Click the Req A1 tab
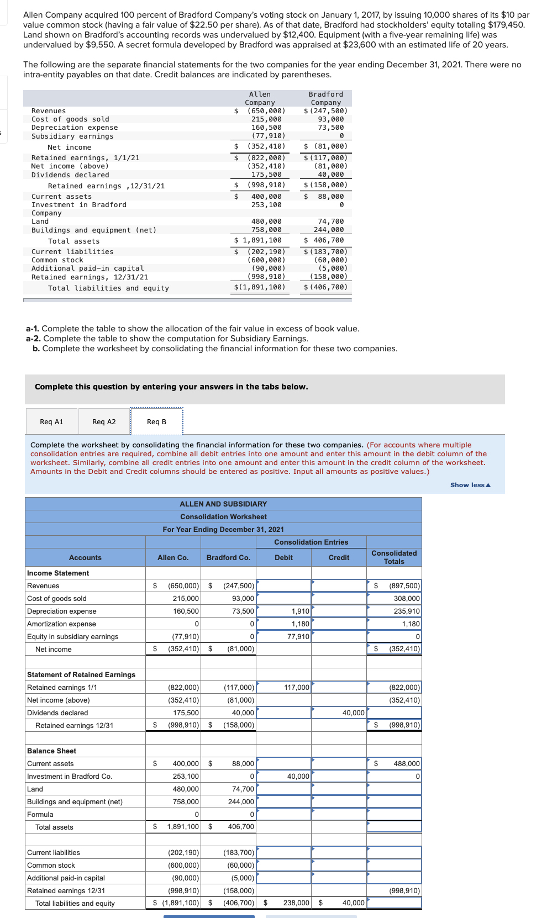point(51,422)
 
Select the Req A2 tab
point(104,422)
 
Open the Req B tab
point(156,422)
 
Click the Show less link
point(470,485)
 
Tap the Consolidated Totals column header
point(394,557)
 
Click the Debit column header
point(283,558)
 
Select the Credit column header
point(339,558)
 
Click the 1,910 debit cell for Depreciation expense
point(284,611)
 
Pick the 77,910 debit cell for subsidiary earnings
point(284,637)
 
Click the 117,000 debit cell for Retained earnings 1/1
point(284,688)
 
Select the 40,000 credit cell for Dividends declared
point(339,713)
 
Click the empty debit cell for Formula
point(284,815)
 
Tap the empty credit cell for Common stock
point(339,866)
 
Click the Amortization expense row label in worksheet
point(61,624)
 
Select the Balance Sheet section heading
point(52,751)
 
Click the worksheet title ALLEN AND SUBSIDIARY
point(223,504)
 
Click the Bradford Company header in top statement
point(325,98)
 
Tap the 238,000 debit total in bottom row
point(296,903)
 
